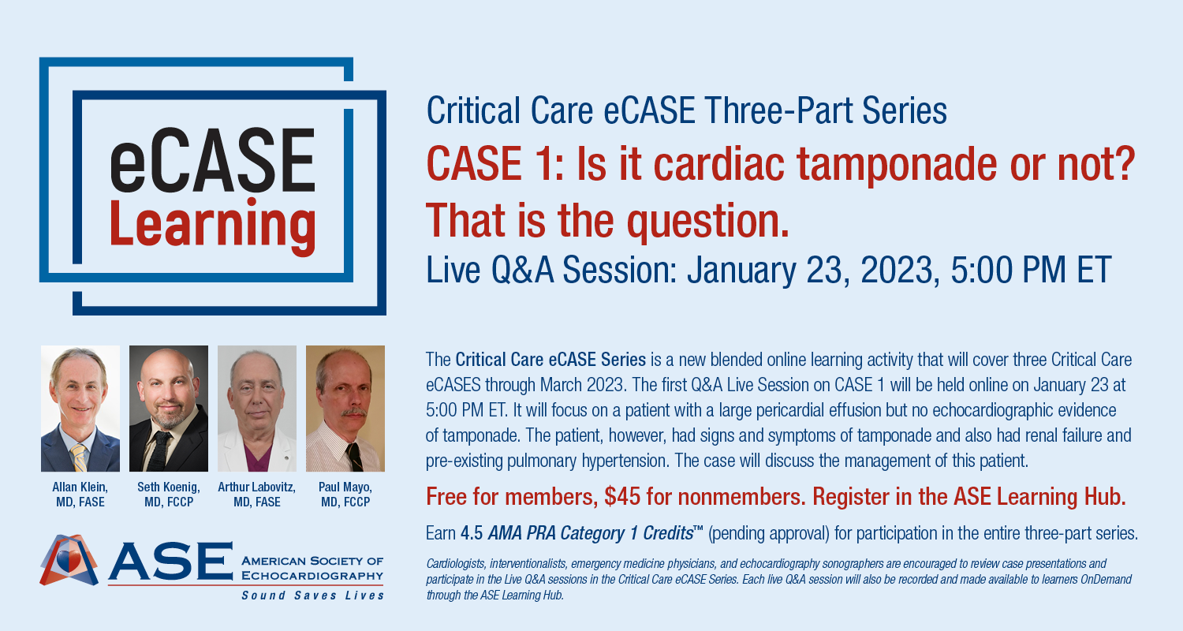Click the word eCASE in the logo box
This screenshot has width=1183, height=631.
pos(212,160)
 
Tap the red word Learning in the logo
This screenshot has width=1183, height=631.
pos(212,226)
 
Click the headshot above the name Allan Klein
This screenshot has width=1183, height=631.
pos(80,408)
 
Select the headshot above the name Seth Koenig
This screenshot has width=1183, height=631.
pos(169,408)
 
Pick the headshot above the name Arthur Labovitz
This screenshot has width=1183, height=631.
pos(256,408)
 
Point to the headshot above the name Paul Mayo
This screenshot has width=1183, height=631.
pos(345,408)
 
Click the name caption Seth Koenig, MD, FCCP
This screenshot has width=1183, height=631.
pos(169,495)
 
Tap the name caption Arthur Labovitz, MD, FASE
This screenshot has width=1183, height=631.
pos(256,495)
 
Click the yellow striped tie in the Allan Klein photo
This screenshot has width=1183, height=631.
pos(79,457)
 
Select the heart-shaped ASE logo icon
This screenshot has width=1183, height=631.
pos(69,560)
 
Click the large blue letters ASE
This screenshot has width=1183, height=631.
pos(170,561)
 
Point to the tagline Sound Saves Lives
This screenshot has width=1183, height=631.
pos(312,596)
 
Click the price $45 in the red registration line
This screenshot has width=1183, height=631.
pos(622,497)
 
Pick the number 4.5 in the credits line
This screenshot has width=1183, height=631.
pos(472,533)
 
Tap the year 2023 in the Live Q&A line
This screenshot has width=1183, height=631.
pos(900,271)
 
